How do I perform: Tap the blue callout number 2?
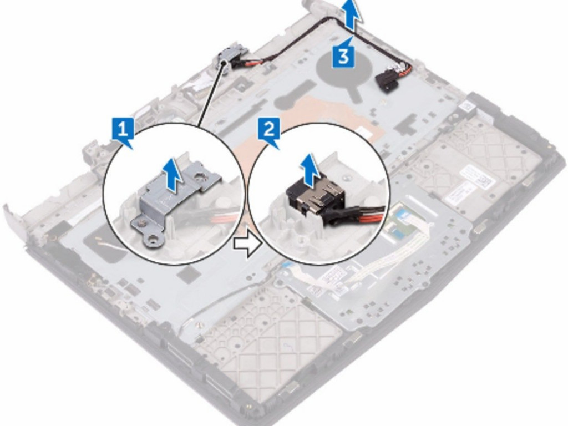[x=269, y=129]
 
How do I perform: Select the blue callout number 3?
[x=343, y=57]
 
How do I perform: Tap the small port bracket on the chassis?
[x=224, y=62]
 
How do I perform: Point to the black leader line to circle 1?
[x=211, y=94]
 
